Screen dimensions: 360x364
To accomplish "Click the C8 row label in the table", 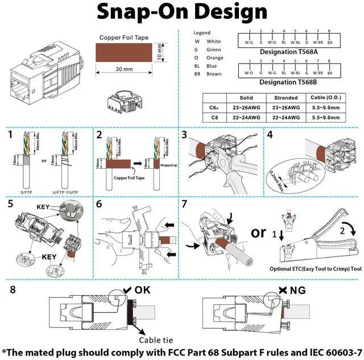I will (214, 117).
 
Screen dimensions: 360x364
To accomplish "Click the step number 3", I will (185, 135).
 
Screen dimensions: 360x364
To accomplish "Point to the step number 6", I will (100, 204).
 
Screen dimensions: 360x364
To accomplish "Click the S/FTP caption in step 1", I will (26, 192).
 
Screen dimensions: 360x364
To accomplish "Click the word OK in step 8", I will (142, 290).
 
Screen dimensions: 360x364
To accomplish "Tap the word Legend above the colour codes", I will (202, 33).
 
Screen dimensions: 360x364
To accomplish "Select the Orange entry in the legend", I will (214, 57).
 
